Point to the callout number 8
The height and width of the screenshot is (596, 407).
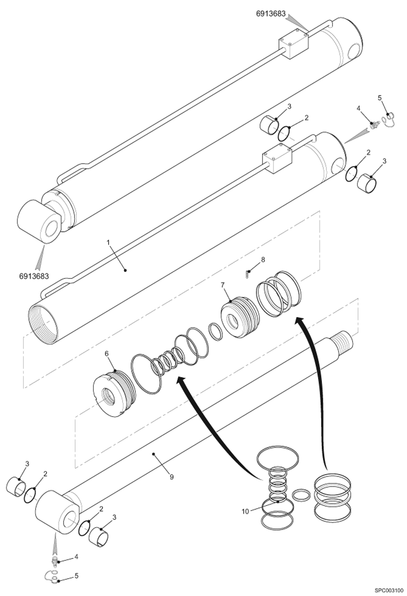click(x=262, y=260)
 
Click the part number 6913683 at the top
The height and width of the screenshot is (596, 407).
click(x=271, y=14)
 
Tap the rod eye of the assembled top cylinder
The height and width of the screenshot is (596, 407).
click(x=39, y=222)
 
